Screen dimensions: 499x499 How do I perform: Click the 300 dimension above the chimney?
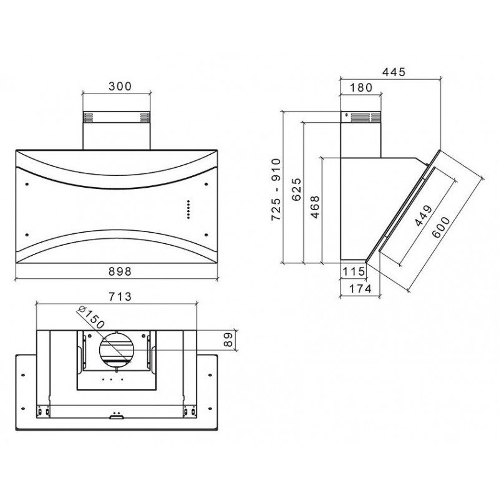click(x=120, y=86)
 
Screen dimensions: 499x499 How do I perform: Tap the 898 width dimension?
click(x=120, y=271)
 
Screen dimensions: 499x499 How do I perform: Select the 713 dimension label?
click(x=120, y=297)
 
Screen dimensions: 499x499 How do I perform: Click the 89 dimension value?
click(x=228, y=340)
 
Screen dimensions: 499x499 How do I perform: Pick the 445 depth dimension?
click(x=394, y=72)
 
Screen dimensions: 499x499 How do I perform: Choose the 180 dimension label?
click(x=361, y=87)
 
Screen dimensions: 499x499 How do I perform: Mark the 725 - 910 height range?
click(x=276, y=190)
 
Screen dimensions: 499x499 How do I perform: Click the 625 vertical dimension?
click(x=296, y=190)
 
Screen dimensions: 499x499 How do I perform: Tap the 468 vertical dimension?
click(x=315, y=207)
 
